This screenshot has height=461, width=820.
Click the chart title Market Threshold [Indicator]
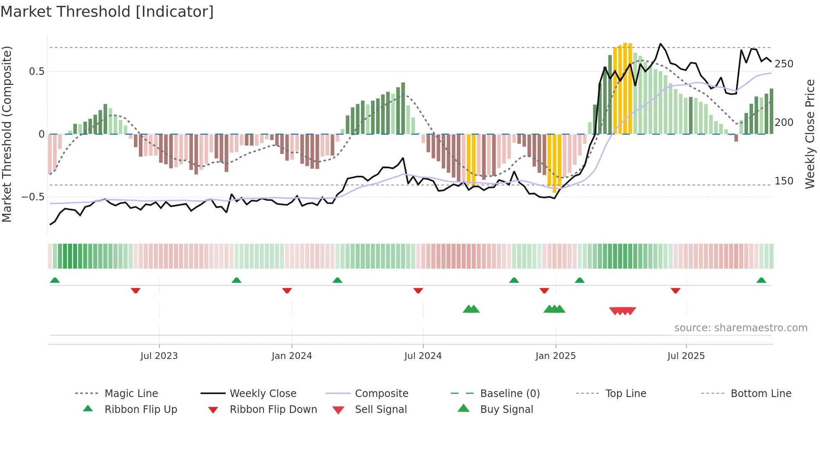107,12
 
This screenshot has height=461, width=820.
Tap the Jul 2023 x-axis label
159,356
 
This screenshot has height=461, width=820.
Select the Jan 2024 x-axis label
292,356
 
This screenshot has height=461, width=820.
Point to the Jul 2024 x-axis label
423,356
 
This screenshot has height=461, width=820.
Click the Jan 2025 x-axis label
555,356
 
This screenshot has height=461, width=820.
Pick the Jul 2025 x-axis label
686,356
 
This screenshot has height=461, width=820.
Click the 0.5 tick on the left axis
36,72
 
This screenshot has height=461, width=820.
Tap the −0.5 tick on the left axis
33,197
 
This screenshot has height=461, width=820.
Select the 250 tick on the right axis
784,64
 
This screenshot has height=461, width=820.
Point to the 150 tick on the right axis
784,181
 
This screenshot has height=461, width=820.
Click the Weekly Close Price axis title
810,134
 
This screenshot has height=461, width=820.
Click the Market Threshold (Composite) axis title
7,134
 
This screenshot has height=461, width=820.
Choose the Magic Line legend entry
131,394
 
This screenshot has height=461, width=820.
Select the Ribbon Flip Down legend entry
273,410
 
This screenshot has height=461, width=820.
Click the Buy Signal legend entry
506,410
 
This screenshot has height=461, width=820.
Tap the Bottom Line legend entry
761,394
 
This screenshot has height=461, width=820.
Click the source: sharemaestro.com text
741,328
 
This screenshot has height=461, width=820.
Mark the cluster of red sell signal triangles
623,311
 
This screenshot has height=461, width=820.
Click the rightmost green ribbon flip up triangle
761,280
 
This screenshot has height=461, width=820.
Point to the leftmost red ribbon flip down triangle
136,290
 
